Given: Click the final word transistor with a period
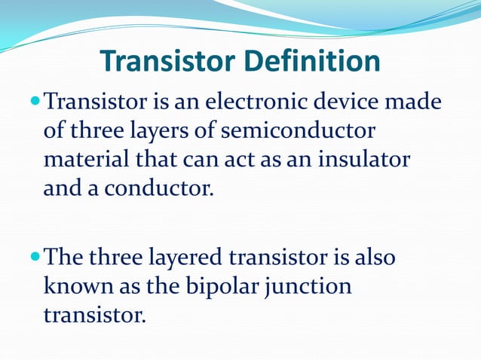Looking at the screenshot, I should tap(93, 315).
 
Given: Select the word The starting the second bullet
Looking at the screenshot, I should tap(69, 258).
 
